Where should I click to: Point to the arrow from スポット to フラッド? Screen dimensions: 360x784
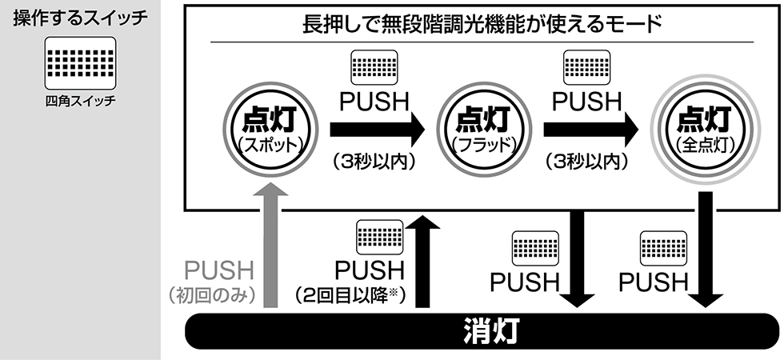pyautogui.click(x=376, y=128)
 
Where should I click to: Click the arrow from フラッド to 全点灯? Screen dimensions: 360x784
pyautogui.click(x=590, y=128)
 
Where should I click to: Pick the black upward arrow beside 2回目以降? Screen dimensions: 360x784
pyautogui.click(x=423, y=264)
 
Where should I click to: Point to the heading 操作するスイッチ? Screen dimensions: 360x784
pyautogui.click(x=81, y=18)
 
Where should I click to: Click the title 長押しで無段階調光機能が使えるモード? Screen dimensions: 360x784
pyautogui.click(x=482, y=24)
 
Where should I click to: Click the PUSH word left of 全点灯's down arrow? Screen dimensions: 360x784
pyautogui.click(x=653, y=282)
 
